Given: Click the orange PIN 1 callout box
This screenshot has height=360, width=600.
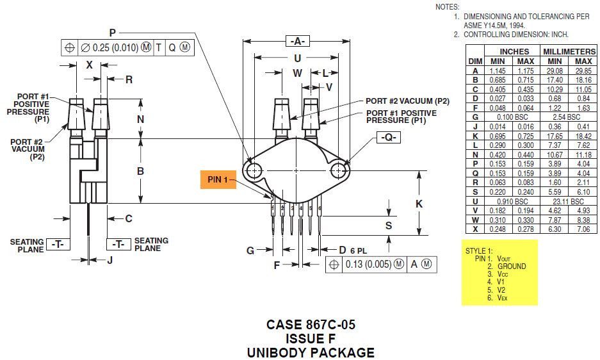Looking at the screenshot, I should click(218, 179).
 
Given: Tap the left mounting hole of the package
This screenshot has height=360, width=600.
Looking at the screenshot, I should click(254, 170).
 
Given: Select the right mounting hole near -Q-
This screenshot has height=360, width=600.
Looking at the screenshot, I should click(339, 170).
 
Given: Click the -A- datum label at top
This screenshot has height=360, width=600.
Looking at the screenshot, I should click(296, 41).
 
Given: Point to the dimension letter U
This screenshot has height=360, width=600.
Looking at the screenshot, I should click(296, 58).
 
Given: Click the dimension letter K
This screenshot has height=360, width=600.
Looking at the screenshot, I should click(419, 204).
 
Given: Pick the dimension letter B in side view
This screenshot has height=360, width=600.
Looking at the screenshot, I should click(140, 171).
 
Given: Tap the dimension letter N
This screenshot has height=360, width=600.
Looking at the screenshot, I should click(140, 119).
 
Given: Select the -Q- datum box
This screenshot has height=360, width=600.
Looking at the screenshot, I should click(387, 138).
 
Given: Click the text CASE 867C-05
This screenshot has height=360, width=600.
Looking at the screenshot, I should click(311, 325).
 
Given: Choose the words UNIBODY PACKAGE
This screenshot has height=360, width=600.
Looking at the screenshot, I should click(311, 352).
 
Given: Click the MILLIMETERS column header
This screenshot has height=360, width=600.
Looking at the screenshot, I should click(569, 51).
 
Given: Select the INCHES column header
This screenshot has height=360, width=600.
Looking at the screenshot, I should click(514, 51).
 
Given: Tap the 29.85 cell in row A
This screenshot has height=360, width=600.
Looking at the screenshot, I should click(583, 70).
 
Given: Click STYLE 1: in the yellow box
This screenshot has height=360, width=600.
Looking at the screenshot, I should click(479, 250).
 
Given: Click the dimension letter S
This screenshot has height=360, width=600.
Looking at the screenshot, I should click(388, 225).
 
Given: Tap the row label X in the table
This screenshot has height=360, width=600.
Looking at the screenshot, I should click(474, 229).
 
